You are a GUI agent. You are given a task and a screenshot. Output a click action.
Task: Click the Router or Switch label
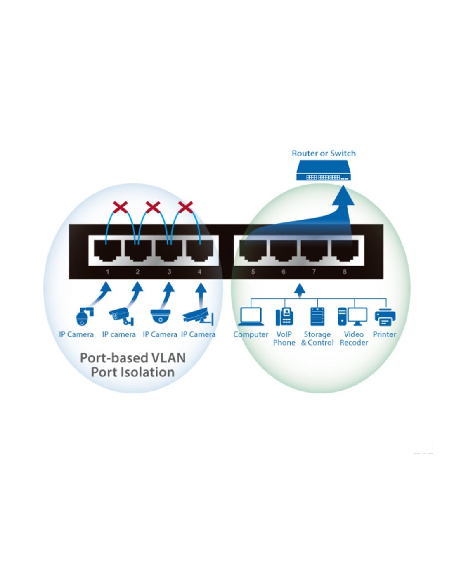[x=324, y=154]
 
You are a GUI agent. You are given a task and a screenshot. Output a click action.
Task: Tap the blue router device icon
[x=323, y=170]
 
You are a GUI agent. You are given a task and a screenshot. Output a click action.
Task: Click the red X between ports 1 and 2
[x=120, y=207]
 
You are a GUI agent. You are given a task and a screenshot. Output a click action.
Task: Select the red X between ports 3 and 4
[x=186, y=207]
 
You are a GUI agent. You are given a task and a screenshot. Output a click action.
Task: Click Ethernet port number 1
[x=107, y=251]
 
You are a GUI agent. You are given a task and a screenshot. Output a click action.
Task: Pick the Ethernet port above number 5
[x=253, y=251]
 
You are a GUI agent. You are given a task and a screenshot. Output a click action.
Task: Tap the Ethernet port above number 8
[x=345, y=251]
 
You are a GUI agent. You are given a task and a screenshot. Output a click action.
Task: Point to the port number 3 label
[x=169, y=272]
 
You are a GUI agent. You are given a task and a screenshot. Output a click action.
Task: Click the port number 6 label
[x=283, y=272]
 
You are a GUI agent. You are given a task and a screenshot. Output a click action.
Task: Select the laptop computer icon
[x=251, y=317]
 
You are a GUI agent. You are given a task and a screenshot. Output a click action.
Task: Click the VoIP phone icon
[x=285, y=317]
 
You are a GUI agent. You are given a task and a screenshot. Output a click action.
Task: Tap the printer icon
[x=385, y=317]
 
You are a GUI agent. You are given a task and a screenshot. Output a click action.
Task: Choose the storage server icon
[x=317, y=317]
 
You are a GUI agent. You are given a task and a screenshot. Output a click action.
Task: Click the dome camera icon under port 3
[x=161, y=316]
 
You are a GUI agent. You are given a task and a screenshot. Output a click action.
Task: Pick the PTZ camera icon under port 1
[x=85, y=316]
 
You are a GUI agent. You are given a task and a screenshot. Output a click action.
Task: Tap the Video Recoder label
[x=354, y=338]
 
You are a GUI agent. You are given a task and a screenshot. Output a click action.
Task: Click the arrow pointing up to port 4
[x=201, y=296]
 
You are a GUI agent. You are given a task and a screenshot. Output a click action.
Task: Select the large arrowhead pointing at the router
[x=343, y=195]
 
